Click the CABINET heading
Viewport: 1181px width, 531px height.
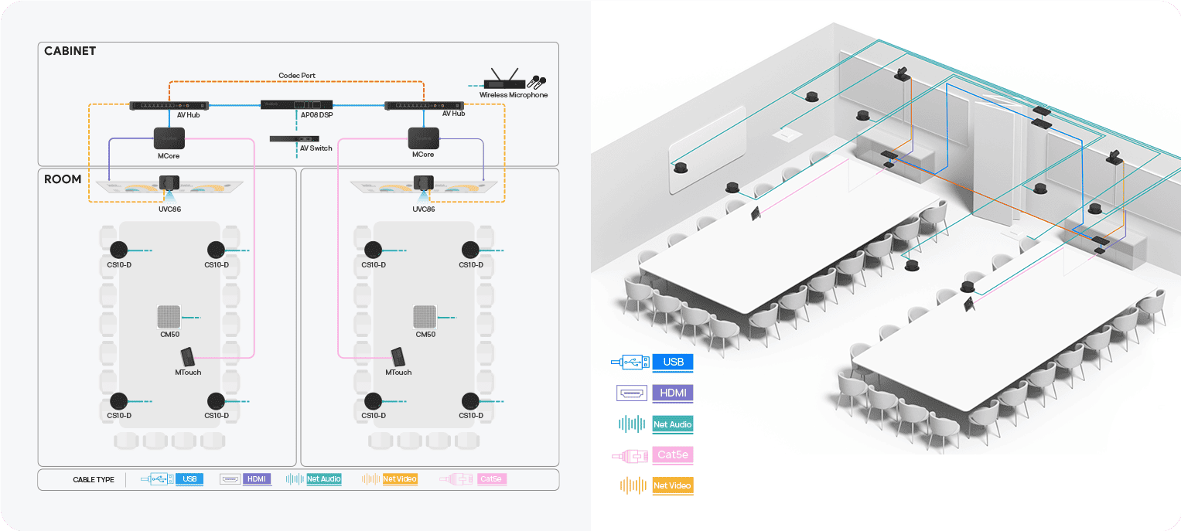tap(70, 51)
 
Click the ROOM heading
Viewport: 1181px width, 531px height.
tap(63, 179)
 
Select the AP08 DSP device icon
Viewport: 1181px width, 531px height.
tap(296, 105)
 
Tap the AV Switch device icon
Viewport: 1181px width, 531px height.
tap(294, 138)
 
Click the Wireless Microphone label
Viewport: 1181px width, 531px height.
tap(513, 95)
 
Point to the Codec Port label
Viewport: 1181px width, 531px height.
tap(297, 76)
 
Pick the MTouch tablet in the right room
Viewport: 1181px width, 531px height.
tap(398, 357)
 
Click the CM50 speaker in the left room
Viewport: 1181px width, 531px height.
tap(169, 317)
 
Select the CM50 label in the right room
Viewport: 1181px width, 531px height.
tap(425, 335)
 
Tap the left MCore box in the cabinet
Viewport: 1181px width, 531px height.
tap(169, 138)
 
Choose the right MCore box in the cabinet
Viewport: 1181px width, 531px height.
tap(423, 138)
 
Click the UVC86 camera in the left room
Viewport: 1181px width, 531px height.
tap(169, 184)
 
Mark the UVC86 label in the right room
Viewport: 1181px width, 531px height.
tap(423, 209)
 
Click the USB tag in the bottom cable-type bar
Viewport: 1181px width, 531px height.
tap(189, 479)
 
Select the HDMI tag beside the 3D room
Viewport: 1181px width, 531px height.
tap(672, 393)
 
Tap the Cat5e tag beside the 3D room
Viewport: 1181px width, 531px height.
tap(672, 455)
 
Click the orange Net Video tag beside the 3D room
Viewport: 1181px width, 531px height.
tap(672, 485)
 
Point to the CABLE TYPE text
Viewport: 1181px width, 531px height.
tap(93, 480)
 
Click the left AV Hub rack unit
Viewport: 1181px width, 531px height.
tap(169, 105)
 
